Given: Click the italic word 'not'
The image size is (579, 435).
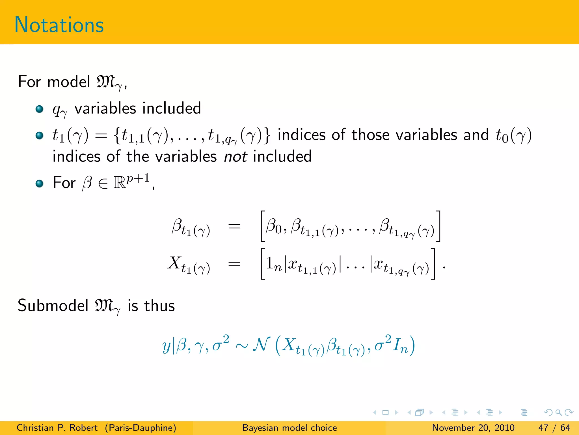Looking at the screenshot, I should [x=236, y=157].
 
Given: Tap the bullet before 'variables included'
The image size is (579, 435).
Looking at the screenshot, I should [x=40, y=109].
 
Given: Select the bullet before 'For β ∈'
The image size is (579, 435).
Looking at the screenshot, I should [x=40, y=184].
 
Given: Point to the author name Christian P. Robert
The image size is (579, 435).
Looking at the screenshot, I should [x=57, y=428].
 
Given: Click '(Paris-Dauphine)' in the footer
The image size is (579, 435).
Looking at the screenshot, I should [x=141, y=428].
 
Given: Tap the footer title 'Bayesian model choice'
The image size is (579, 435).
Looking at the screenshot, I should [x=289, y=428].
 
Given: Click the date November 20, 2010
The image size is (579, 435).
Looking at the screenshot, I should [x=473, y=428].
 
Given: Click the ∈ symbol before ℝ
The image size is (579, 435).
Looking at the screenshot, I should [x=103, y=184].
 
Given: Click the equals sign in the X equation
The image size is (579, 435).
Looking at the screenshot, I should [x=234, y=265].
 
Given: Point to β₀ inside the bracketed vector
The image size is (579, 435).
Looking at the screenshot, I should [x=274, y=227].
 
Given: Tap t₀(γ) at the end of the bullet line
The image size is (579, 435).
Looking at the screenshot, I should [x=513, y=135].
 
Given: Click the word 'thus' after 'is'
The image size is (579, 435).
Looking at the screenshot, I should [x=159, y=306].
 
